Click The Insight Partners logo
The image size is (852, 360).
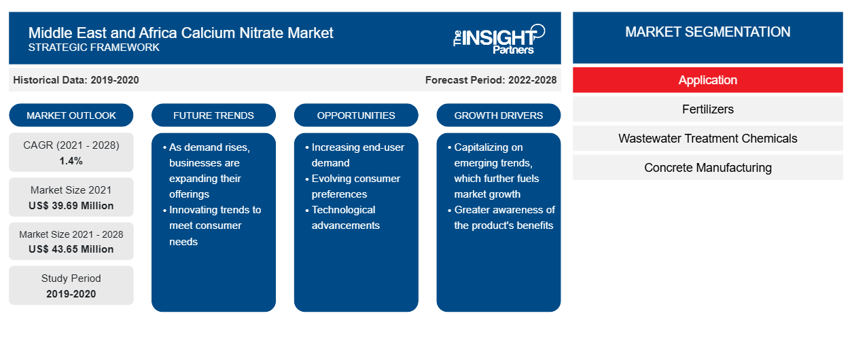coord(499,39)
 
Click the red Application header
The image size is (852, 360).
coord(707,80)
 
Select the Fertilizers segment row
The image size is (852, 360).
coord(707,109)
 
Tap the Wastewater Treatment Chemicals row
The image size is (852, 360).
coord(707,139)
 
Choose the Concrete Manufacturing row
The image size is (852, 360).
coord(707,167)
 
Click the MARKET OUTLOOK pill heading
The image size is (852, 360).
coord(71,115)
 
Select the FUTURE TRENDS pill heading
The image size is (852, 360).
coord(213,115)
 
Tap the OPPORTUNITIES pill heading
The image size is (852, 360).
coord(356,115)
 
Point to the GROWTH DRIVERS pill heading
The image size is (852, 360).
coord(498,115)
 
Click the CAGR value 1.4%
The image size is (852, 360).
coord(71,161)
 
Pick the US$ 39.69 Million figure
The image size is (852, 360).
coord(71,206)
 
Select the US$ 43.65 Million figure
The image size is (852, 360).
coord(71,249)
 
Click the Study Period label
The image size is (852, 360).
coord(71,278)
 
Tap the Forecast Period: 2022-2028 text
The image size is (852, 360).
coord(491,80)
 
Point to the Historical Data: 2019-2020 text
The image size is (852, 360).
coord(76,80)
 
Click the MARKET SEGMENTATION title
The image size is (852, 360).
coord(707,32)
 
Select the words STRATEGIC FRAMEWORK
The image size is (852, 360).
coord(94,48)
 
